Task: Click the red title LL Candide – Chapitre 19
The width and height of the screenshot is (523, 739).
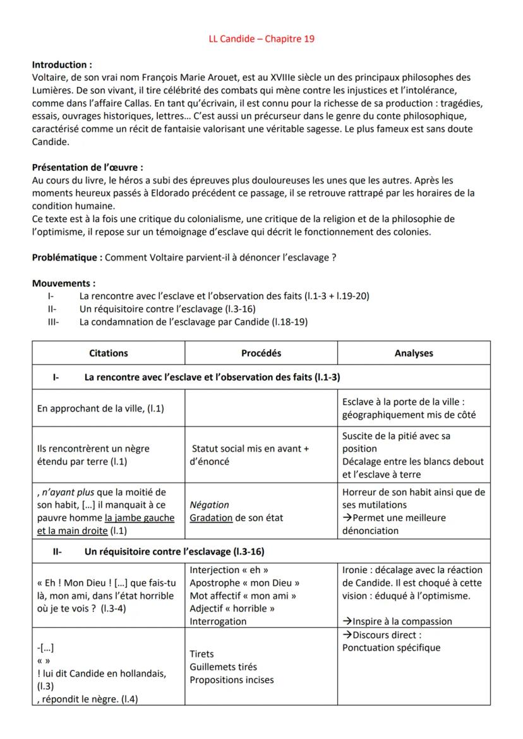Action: coord(261,39)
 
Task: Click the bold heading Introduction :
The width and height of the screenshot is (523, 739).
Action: coord(62,65)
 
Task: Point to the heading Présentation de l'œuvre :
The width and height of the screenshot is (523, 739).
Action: coord(87,168)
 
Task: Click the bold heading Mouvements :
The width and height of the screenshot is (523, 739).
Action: coord(64,283)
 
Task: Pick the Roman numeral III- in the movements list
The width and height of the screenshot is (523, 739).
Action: coord(53,322)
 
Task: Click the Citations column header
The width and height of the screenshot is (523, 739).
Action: coord(108,353)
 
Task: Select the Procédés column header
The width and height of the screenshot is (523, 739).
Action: coord(261,353)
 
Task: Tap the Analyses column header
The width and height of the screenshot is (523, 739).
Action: coord(414,353)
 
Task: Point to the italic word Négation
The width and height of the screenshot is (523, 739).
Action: coord(209,505)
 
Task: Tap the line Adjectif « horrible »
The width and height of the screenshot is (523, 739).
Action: coord(232,608)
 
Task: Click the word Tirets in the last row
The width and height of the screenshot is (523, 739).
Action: coord(201,654)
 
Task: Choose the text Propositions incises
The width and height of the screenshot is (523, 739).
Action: coord(232,680)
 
